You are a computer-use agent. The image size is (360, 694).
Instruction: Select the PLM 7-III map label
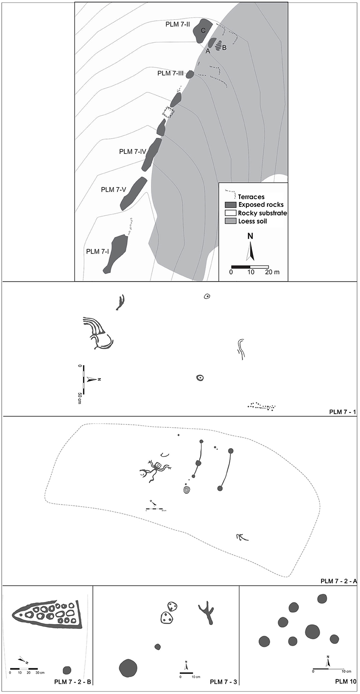click(x=170, y=73)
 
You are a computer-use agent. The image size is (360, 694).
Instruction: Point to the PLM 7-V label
click(x=113, y=190)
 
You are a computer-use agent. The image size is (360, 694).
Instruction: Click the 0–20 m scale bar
click(x=250, y=267)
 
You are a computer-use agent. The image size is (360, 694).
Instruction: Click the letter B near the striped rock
click(x=224, y=48)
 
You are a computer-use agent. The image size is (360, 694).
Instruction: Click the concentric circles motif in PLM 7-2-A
click(x=187, y=490)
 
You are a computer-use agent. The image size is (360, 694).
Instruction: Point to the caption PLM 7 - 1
click(x=343, y=412)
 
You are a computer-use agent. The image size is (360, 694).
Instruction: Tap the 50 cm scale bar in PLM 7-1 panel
click(x=84, y=377)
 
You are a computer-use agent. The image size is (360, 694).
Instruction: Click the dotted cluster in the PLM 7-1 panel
click(x=262, y=407)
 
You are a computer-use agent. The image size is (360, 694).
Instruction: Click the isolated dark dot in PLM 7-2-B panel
click(x=67, y=670)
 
